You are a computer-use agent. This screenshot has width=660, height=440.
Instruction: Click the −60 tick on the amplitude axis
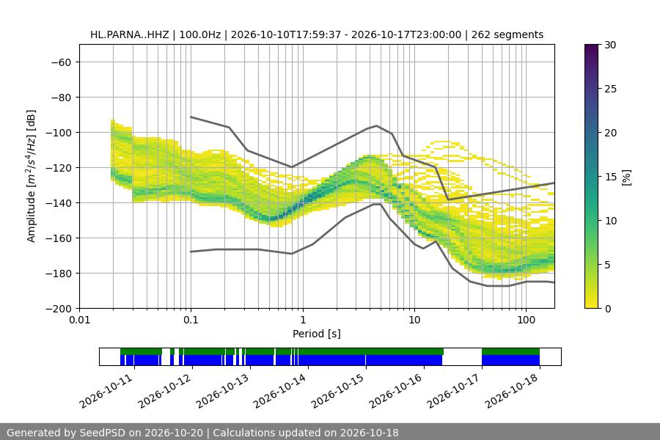point(61,62)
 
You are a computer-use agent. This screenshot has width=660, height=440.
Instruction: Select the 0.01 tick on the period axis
point(79,320)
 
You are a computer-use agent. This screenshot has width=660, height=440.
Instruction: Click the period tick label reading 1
point(303,320)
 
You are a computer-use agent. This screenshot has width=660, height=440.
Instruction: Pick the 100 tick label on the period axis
point(526,320)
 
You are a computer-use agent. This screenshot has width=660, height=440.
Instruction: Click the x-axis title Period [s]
point(317,334)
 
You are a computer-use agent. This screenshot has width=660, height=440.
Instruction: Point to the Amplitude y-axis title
point(32,176)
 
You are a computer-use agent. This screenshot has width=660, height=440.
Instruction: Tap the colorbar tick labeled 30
point(610,45)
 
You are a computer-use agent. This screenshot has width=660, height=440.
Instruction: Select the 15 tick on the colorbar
point(610,177)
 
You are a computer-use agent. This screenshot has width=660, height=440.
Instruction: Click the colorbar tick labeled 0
point(608,309)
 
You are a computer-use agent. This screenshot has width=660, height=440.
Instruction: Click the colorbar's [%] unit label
point(626,177)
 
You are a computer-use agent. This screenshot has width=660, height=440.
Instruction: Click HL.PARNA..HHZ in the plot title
point(130,34)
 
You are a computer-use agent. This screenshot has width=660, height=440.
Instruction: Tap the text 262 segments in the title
point(507,34)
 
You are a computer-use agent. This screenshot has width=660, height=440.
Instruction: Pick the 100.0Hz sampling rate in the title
point(200,34)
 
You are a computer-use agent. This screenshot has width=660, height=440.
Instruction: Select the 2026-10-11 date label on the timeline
point(107,390)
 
